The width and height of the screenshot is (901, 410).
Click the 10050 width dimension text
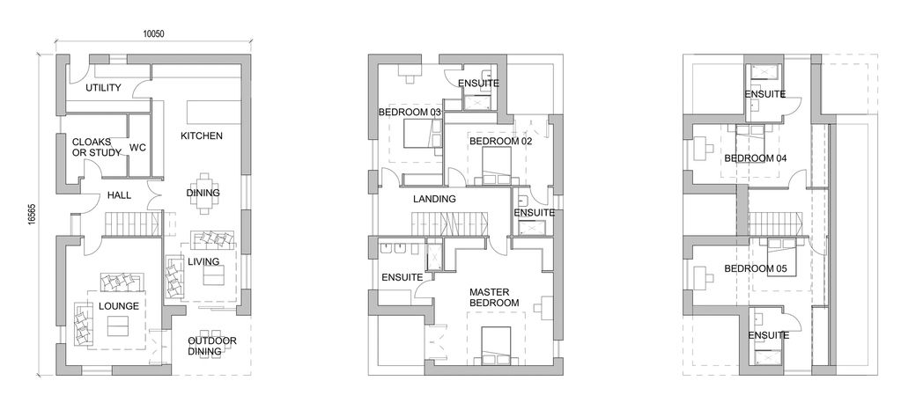point(153,34)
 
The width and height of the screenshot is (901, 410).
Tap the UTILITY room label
point(103,88)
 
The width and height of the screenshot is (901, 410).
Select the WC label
point(138,148)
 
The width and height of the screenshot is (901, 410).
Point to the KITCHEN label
point(202,136)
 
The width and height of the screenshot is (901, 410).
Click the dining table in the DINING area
point(204,193)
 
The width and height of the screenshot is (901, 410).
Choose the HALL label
point(119,195)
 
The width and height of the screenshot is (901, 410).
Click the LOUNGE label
point(119,306)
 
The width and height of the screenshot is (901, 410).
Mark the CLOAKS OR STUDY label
point(97,147)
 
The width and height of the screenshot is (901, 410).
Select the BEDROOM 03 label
point(410,112)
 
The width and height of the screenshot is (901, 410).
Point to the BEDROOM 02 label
point(501,141)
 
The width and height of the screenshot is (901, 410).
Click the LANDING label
point(434,199)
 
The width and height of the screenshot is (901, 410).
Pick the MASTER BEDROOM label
point(494,297)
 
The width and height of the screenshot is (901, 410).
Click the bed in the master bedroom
point(497,345)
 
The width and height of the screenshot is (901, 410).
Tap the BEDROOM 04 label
point(755,157)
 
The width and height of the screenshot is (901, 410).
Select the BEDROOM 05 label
point(755,268)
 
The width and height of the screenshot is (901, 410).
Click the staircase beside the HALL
point(133,223)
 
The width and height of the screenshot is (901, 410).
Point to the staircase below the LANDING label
point(449,224)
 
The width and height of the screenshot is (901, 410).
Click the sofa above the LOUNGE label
point(121,282)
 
